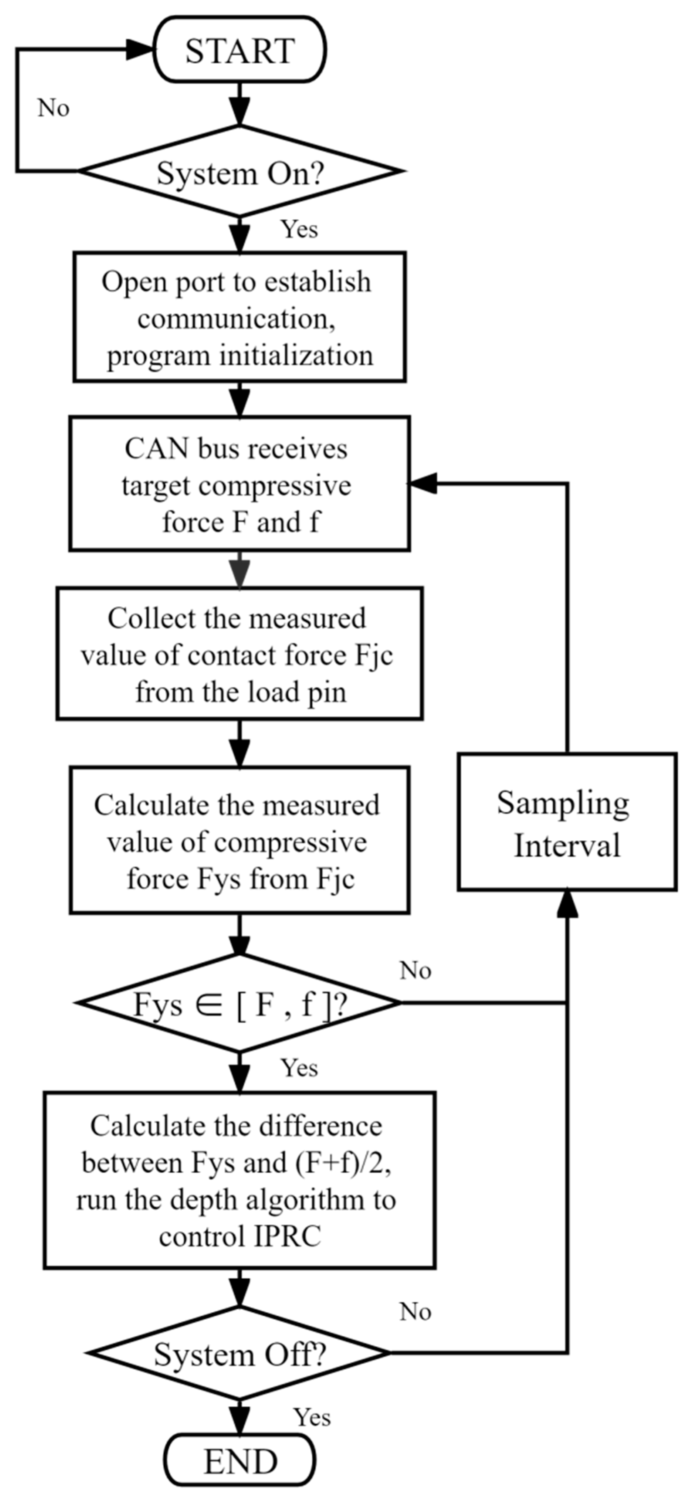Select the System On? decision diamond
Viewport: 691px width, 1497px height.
(x=239, y=172)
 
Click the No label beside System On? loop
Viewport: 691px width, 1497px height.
(x=53, y=108)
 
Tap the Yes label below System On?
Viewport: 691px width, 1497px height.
(x=299, y=229)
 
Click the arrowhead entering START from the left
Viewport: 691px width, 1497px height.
(x=140, y=50)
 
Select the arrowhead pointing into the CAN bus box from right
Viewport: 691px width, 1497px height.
(x=422, y=483)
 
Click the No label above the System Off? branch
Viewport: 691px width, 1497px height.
(x=415, y=1312)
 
